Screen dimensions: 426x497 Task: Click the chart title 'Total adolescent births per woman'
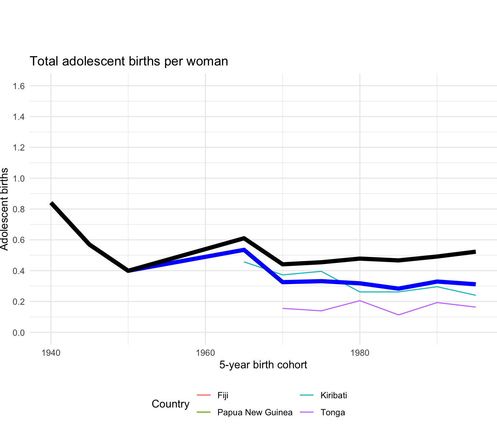[129, 61]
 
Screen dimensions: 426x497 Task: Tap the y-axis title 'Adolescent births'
[4, 209]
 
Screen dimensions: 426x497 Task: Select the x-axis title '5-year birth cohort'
[263, 365]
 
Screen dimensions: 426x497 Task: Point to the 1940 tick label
[51, 353]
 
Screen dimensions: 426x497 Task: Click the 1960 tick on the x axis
[205, 353]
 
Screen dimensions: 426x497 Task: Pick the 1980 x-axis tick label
[360, 353]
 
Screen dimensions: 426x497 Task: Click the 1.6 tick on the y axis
[19, 86]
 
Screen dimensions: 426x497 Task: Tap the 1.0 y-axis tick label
[19, 179]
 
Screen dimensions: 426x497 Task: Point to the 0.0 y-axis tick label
[19, 333]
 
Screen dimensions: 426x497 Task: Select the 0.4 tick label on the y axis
[19, 271]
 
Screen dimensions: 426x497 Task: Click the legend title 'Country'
[170, 404]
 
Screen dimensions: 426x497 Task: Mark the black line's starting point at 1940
[51, 203]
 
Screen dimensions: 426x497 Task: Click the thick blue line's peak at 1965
[244, 250]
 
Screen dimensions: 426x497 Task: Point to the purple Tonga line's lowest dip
[398, 315]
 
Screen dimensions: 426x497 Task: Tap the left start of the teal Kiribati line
[244, 262]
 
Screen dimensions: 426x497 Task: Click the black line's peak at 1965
[244, 238]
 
